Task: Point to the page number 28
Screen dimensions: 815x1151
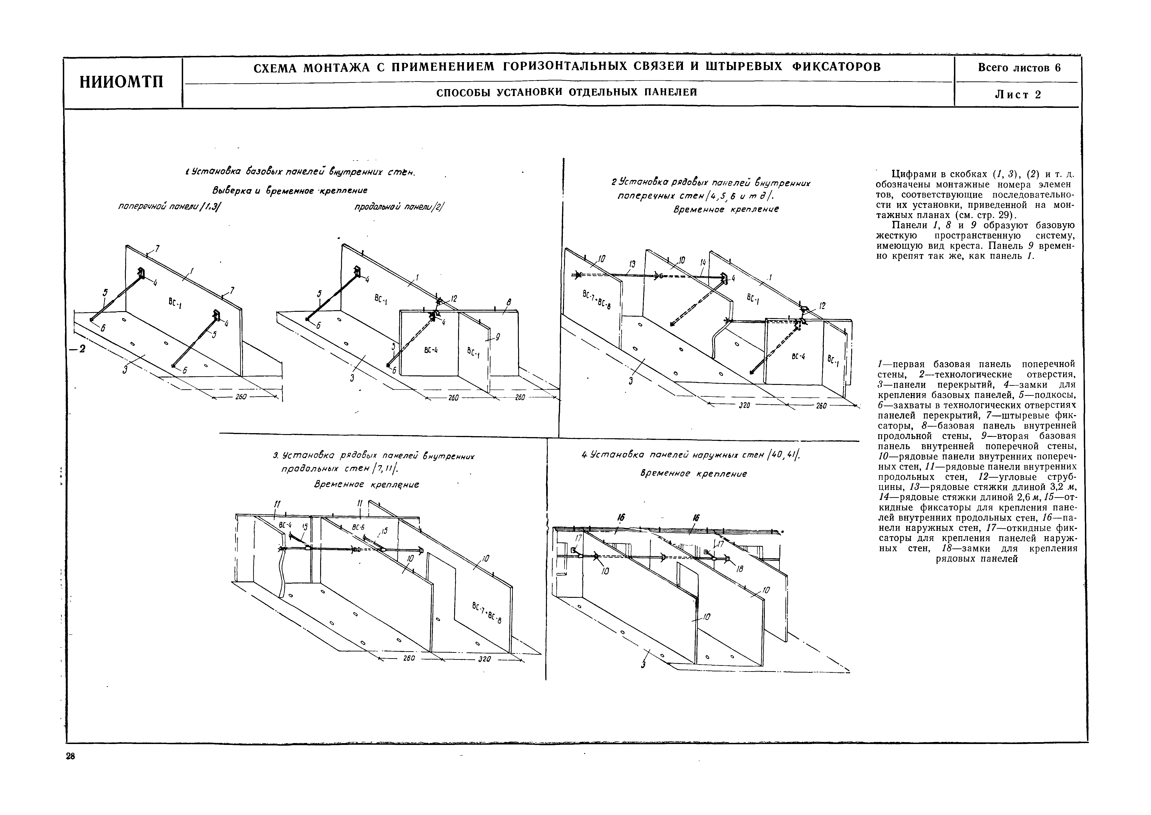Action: [x=70, y=757]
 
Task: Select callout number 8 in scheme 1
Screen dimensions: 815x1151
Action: [x=509, y=303]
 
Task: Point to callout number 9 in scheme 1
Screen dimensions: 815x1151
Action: [x=497, y=337]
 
